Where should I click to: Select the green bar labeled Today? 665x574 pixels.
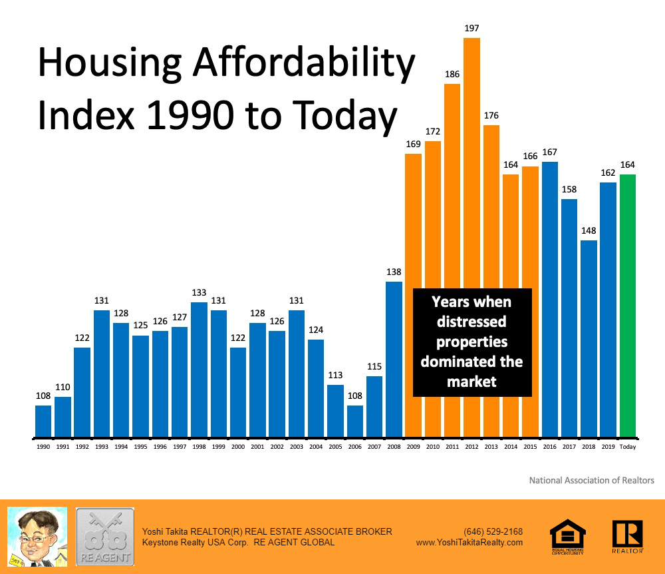point(628,306)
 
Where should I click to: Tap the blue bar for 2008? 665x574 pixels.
point(394,360)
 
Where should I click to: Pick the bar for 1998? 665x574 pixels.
point(199,370)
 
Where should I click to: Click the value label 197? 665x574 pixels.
point(471,29)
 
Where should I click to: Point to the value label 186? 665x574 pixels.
point(452,75)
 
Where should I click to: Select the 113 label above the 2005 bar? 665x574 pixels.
point(335,375)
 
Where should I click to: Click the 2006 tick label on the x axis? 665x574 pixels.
point(355,447)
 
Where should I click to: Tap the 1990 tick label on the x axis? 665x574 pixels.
point(43,447)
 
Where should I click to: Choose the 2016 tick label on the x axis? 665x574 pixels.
point(550,447)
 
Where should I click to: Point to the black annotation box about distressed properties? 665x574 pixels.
point(472,342)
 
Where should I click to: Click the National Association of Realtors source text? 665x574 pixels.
point(591,480)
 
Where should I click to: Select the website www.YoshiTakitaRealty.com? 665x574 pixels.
point(469,542)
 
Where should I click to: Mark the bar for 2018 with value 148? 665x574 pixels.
point(589,339)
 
